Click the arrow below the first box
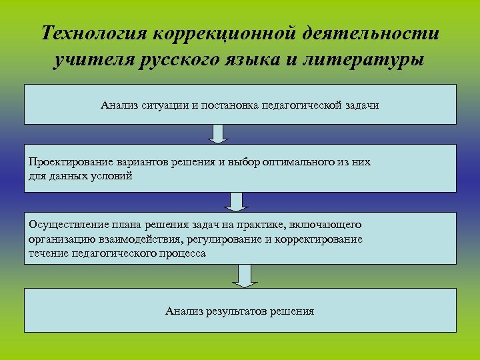[x=218, y=134]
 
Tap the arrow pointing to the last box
[x=245, y=275]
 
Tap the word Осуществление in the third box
[x=64, y=225]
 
